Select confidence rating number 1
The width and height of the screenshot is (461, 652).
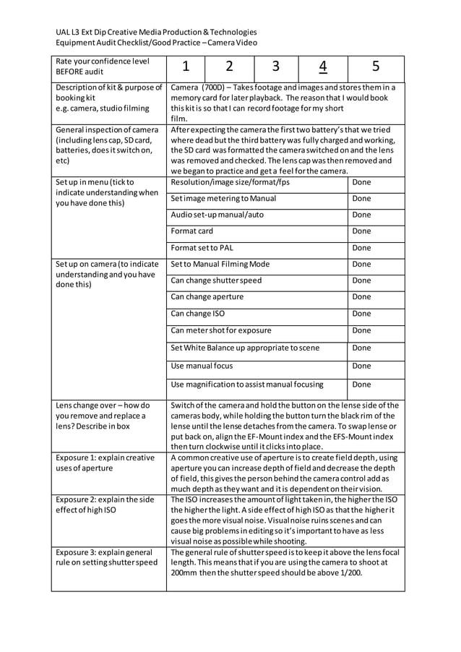tap(186, 67)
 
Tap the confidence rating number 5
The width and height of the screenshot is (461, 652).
tap(376, 67)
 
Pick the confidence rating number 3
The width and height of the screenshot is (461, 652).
tap(275, 67)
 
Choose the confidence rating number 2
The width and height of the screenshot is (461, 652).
tap(229, 67)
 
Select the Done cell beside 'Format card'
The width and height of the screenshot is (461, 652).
tap(361, 231)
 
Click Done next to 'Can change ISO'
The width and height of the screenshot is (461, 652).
tap(361, 314)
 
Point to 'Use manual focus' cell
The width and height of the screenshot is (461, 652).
tap(202, 366)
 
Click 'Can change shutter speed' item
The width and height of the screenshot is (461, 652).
tap(216, 280)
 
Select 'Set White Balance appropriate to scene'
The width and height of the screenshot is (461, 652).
tap(244, 348)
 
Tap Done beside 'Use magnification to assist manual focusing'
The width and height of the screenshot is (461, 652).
tap(361, 385)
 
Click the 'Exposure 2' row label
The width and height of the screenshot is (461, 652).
tap(105, 505)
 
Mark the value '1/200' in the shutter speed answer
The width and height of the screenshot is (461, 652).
tap(348, 572)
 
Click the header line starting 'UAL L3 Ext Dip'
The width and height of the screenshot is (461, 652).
tap(156, 32)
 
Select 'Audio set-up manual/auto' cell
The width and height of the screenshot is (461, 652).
tap(217, 215)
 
